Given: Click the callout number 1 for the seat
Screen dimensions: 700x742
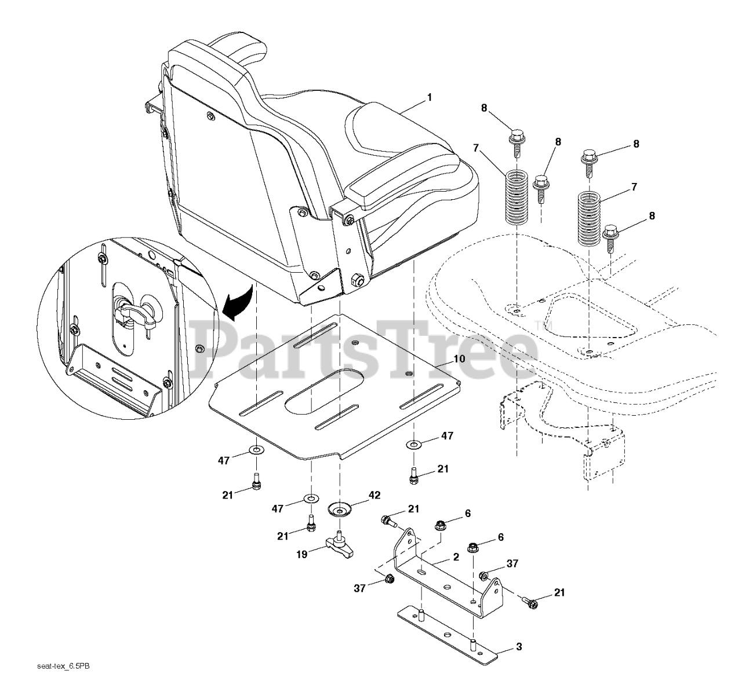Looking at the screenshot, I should [429, 98].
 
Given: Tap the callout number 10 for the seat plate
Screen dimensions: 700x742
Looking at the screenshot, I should [459, 359].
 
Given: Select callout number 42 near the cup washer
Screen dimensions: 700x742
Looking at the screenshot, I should [374, 496].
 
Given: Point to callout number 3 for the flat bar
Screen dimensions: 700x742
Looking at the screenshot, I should [518, 646].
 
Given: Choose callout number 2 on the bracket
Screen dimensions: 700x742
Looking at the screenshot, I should [456, 557].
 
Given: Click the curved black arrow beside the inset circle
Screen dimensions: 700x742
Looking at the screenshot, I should [239, 300].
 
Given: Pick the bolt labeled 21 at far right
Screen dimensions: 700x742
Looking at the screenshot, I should [531, 603].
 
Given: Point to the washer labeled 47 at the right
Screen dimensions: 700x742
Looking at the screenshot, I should [414, 445].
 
